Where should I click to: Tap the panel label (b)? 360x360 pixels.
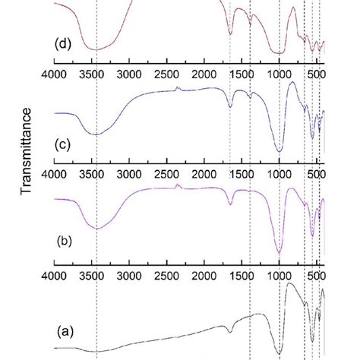tap(66, 243)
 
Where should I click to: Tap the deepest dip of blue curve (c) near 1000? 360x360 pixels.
tap(279, 151)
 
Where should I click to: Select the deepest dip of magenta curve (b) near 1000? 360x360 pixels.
tap(279, 254)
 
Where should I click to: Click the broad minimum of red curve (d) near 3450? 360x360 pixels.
tap(95, 49)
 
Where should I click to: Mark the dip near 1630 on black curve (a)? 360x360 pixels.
tap(230, 331)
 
